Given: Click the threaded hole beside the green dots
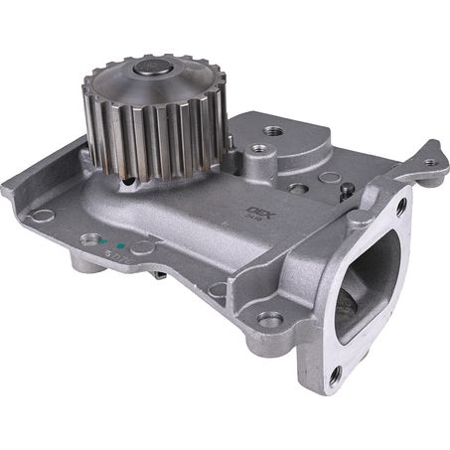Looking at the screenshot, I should click(91, 239).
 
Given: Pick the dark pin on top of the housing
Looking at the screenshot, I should click(346, 189).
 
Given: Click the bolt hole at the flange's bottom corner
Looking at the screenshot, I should click(335, 375).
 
